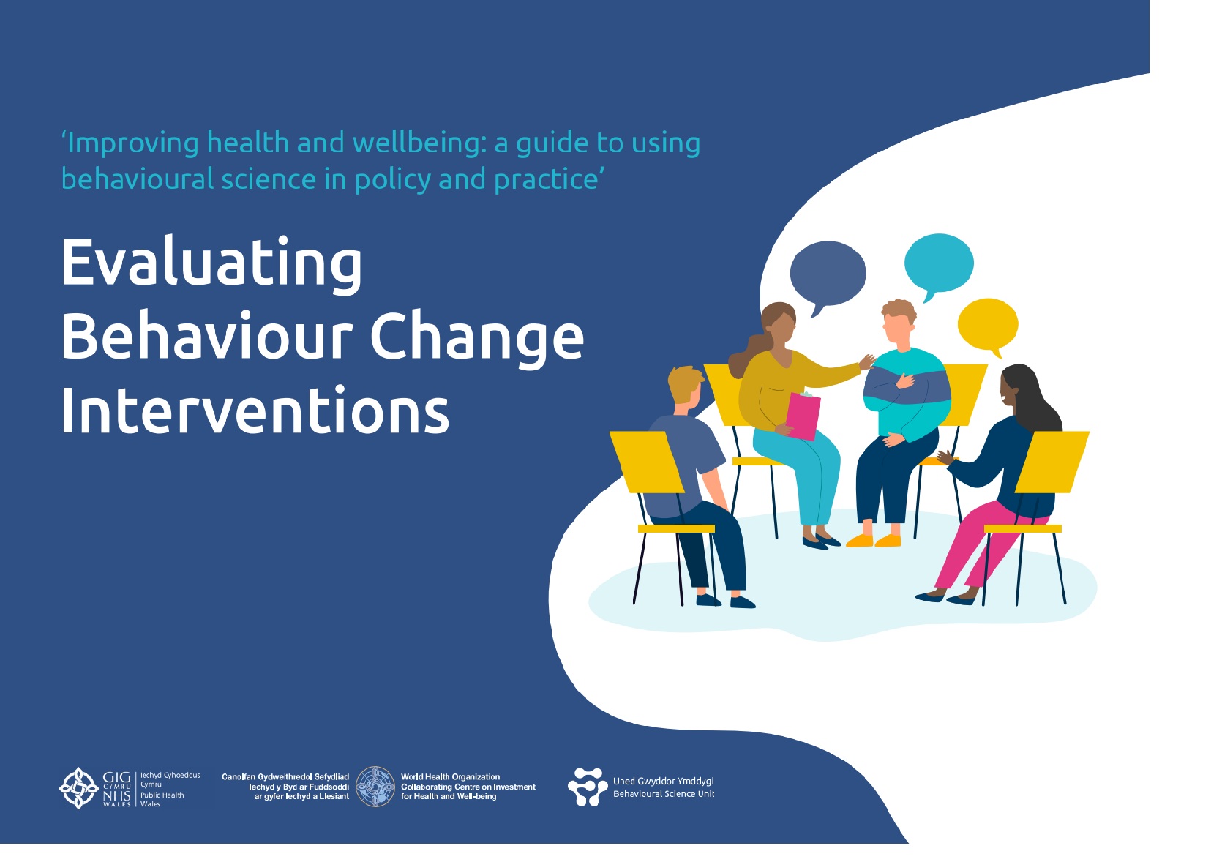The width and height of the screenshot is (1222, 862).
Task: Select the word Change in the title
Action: (x=477, y=339)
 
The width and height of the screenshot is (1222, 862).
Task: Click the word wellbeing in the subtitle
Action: (x=419, y=143)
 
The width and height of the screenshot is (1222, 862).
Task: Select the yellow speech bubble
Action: (x=988, y=326)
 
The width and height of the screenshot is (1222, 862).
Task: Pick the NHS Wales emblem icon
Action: (x=78, y=788)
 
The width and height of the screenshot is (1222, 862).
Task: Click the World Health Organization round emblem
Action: (x=375, y=787)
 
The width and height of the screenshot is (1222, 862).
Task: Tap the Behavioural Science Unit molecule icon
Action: (x=588, y=787)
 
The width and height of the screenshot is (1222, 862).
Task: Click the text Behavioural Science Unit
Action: (x=664, y=794)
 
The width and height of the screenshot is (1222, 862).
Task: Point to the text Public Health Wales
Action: (x=162, y=799)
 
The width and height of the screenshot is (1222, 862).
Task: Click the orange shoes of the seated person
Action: (x=874, y=541)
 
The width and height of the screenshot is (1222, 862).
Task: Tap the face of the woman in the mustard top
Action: (x=781, y=330)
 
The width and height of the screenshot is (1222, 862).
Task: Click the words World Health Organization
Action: (x=450, y=777)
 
